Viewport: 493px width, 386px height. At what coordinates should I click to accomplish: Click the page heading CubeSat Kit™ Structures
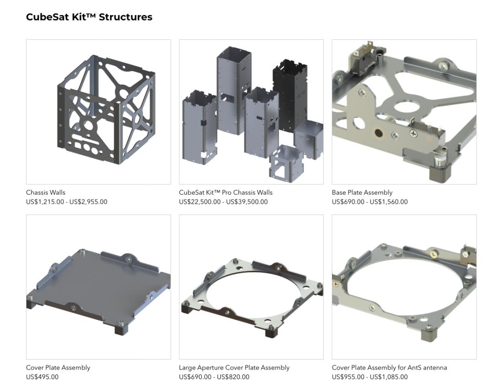click(x=89, y=17)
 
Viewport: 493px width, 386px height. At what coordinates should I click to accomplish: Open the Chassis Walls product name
click(x=46, y=192)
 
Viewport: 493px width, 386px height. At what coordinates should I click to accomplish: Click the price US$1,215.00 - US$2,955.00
click(x=67, y=202)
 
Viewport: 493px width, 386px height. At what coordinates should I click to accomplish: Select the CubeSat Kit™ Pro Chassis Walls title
click(x=226, y=192)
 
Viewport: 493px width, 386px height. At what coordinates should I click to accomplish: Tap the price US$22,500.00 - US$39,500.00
click(x=223, y=202)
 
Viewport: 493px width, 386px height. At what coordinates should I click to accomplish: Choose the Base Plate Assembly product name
click(x=362, y=192)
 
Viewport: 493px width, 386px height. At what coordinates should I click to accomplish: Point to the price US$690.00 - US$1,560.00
click(x=370, y=202)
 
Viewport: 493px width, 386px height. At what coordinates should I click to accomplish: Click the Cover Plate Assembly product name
click(x=58, y=368)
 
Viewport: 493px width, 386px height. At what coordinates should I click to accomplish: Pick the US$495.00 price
click(x=42, y=377)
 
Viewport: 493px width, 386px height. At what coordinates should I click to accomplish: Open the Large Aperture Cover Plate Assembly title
click(x=234, y=368)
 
